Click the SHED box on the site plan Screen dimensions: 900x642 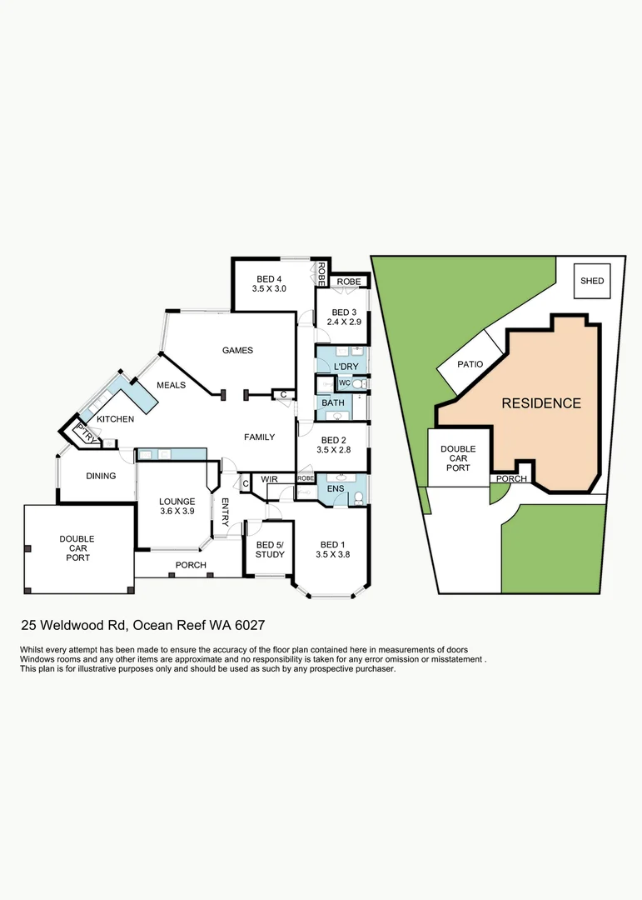[x=592, y=281]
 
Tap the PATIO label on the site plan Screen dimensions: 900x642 [x=470, y=364]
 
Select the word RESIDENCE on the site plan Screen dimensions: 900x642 [x=541, y=403]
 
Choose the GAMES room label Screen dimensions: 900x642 [x=237, y=351]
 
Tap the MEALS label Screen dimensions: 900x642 [x=171, y=385]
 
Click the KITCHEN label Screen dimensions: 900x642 [x=115, y=418]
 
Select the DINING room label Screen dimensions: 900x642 [x=101, y=476]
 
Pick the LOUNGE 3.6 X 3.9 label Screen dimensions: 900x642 [x=176, y=507]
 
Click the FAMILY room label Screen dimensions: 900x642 [x=259, y=437]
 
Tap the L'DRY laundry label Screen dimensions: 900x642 [x=346, y=367]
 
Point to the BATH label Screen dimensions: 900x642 [x=333, y=403]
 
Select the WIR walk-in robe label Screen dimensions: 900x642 [x=269, y=479]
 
